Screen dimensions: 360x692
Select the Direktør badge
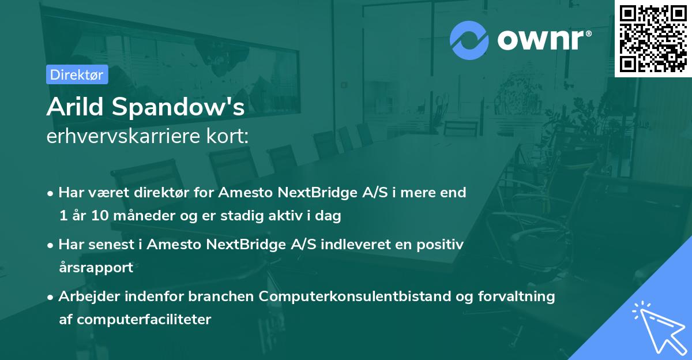pos(77,74)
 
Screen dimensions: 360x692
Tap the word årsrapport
pos(96,268)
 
